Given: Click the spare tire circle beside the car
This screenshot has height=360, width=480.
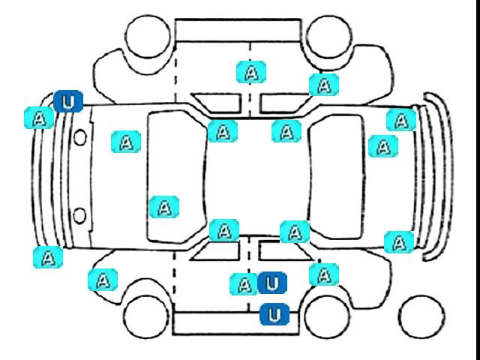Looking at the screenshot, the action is tap(421, 316).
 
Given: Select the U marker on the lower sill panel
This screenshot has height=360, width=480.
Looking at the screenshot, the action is tap(274, 314).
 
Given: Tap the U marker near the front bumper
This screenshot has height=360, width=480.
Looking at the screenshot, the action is tap(68, 101).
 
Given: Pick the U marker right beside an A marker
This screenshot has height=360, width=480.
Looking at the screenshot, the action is tap(272, 283).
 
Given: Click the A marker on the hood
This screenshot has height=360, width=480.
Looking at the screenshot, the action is tap(126, 142).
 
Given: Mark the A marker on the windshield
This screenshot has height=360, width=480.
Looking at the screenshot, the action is tap(164, 207).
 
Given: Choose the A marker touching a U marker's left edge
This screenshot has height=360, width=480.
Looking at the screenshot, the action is tap(244, 284).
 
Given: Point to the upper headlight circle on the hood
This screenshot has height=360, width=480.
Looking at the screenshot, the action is tap(80, 137).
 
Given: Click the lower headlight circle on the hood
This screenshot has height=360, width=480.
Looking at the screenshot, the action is tap(80, 215).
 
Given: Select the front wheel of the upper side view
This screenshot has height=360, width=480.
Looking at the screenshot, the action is tap(148, 36).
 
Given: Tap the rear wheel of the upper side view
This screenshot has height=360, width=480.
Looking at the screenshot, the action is tap(329, 37).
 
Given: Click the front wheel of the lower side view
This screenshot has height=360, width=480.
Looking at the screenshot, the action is tap(146, 316).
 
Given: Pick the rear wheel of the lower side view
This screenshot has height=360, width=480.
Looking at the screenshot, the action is tap(327, 316).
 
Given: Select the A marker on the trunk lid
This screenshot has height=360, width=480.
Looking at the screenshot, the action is tap(383, 146).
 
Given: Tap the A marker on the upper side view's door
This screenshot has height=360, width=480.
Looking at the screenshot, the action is tap(251, 72).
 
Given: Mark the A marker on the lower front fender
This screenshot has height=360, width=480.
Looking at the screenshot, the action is tap(103, 280).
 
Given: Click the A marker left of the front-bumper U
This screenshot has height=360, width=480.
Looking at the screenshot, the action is tap(39, 118).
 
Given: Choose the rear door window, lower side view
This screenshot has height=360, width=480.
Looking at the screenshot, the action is tap(285, 250).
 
